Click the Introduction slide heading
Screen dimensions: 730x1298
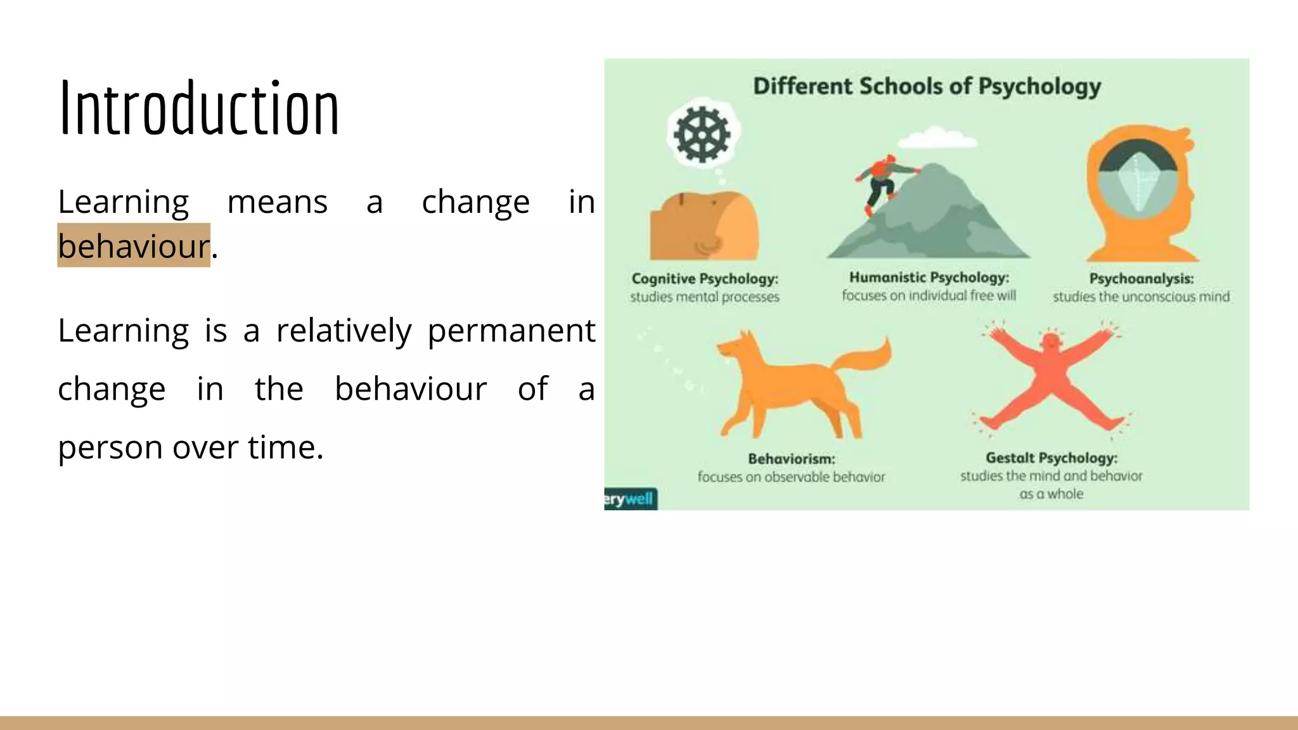coord(199,108)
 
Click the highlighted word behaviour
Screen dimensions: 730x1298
coord(133,246)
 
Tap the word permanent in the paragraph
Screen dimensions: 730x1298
coord(511,331)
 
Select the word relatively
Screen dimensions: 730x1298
coord(344,331)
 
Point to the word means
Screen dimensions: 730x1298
coord(277,203)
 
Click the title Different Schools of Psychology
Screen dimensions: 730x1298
coord(927,86)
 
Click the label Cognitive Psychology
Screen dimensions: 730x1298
coord(705,279)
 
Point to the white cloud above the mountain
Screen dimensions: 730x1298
coord(937,137)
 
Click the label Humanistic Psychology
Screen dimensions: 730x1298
coord(929,278)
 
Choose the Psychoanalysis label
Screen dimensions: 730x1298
coord(1141,279)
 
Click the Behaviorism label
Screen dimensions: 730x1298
coord(791,459)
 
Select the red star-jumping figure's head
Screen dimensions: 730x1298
coord(1051,343)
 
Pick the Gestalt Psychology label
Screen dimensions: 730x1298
coord(1051,458)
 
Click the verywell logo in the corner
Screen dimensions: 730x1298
coord(630,499)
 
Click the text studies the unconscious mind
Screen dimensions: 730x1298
coord(1141,297)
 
